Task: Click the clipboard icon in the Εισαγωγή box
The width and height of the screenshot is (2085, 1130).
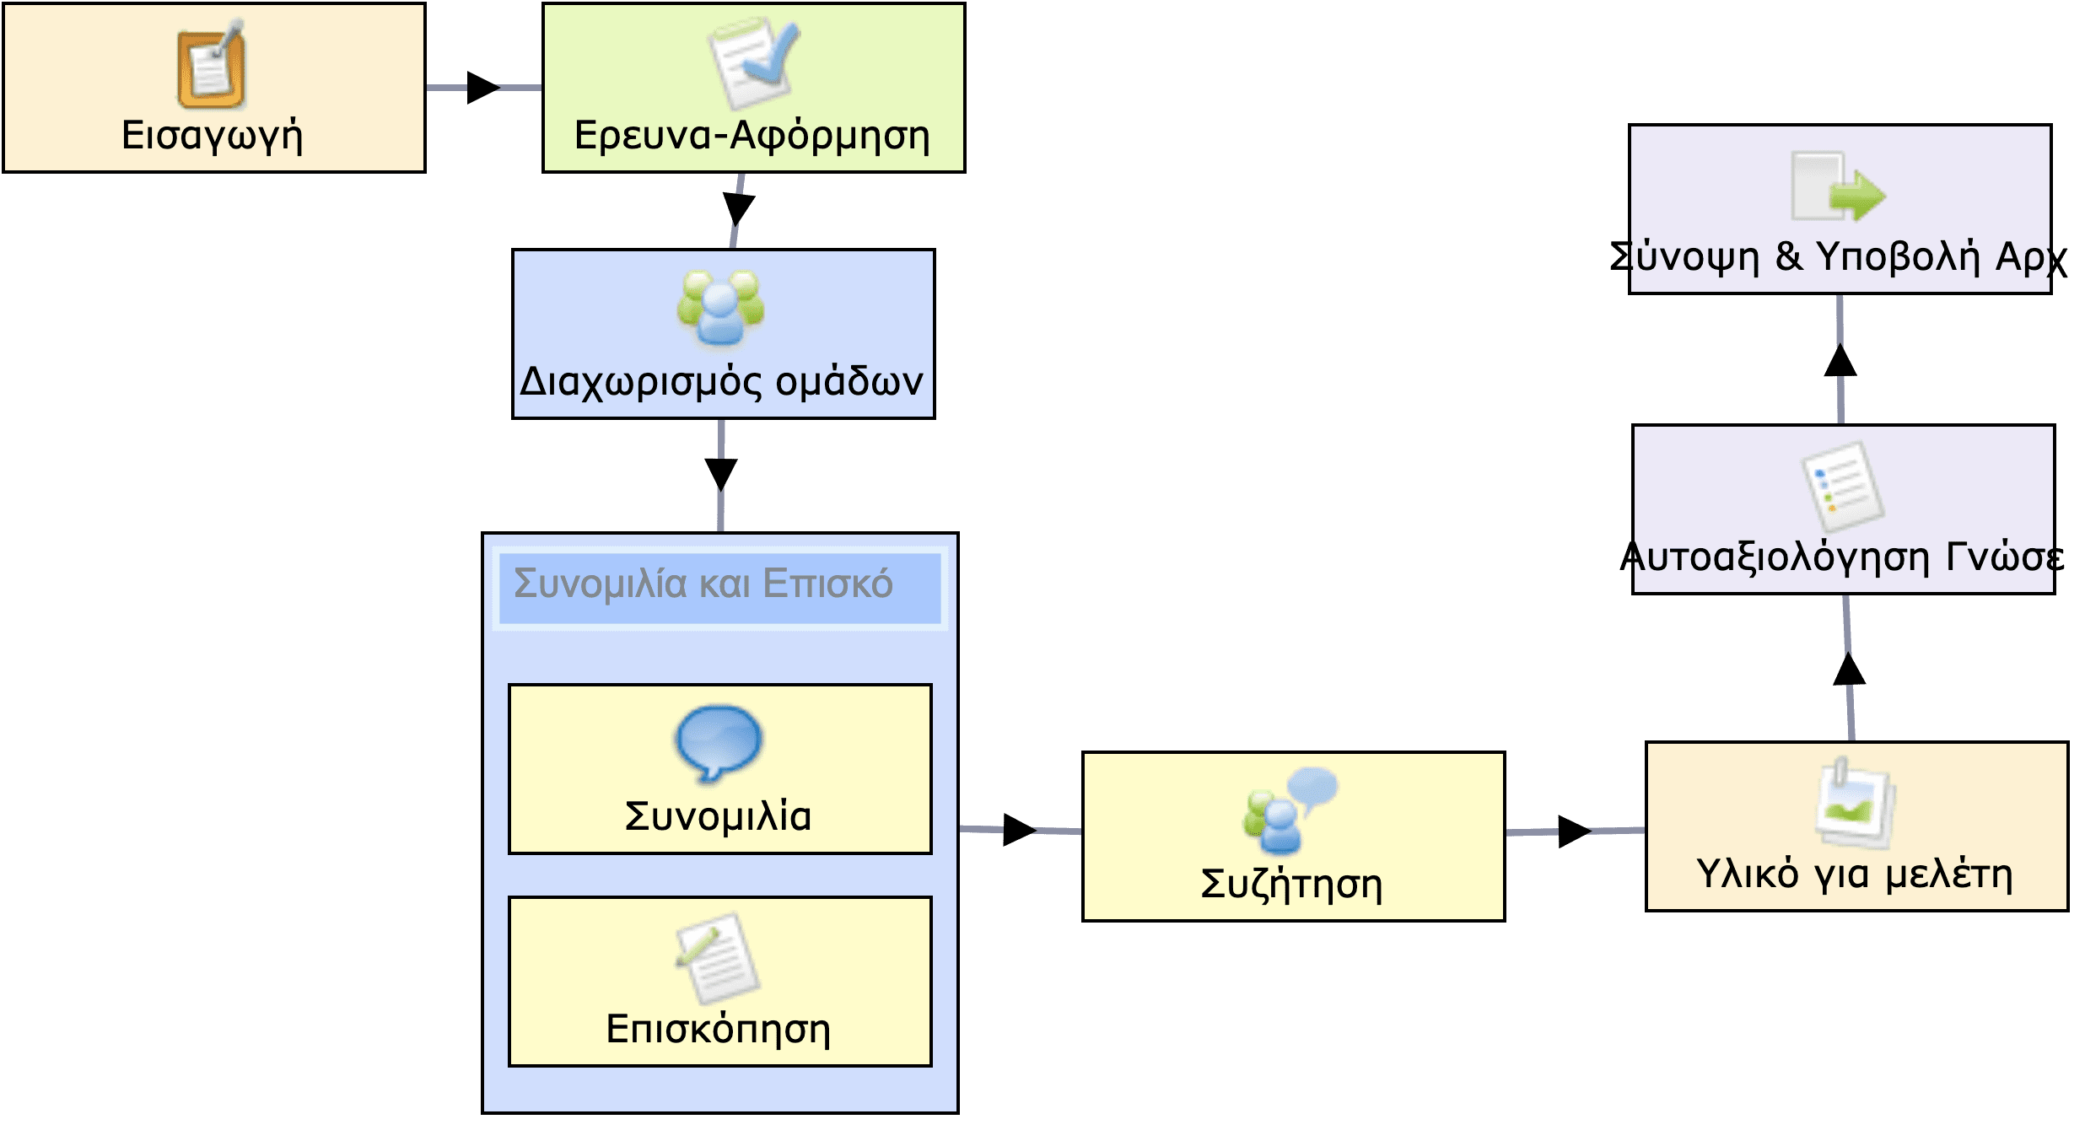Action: tap(212, 68)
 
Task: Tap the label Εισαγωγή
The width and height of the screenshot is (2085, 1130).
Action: tap(213, 136)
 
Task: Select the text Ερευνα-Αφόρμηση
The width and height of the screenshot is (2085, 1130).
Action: tap(752, 136)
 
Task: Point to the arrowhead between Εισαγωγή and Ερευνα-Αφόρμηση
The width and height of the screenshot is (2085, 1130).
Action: tap(483, 88)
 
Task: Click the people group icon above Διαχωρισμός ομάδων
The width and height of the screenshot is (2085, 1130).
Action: tap(720, 309)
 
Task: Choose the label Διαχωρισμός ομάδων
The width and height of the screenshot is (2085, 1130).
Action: tap(722, 382)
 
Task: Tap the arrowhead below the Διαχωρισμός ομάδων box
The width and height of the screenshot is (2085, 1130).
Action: tap(721, 474)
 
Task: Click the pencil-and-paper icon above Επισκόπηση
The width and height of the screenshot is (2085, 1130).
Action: tap(719, 958)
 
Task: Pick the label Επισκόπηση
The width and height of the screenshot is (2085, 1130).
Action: tap(719, 1030)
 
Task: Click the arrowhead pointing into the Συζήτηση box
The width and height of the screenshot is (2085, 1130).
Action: tap(1019, 830)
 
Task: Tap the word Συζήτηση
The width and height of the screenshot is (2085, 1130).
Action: tap(1292, 885)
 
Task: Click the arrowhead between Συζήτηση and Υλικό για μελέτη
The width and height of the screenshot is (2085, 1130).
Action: tap(1574, 831)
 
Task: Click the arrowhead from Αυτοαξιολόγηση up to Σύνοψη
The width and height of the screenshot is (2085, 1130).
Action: tap(1840, 361)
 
